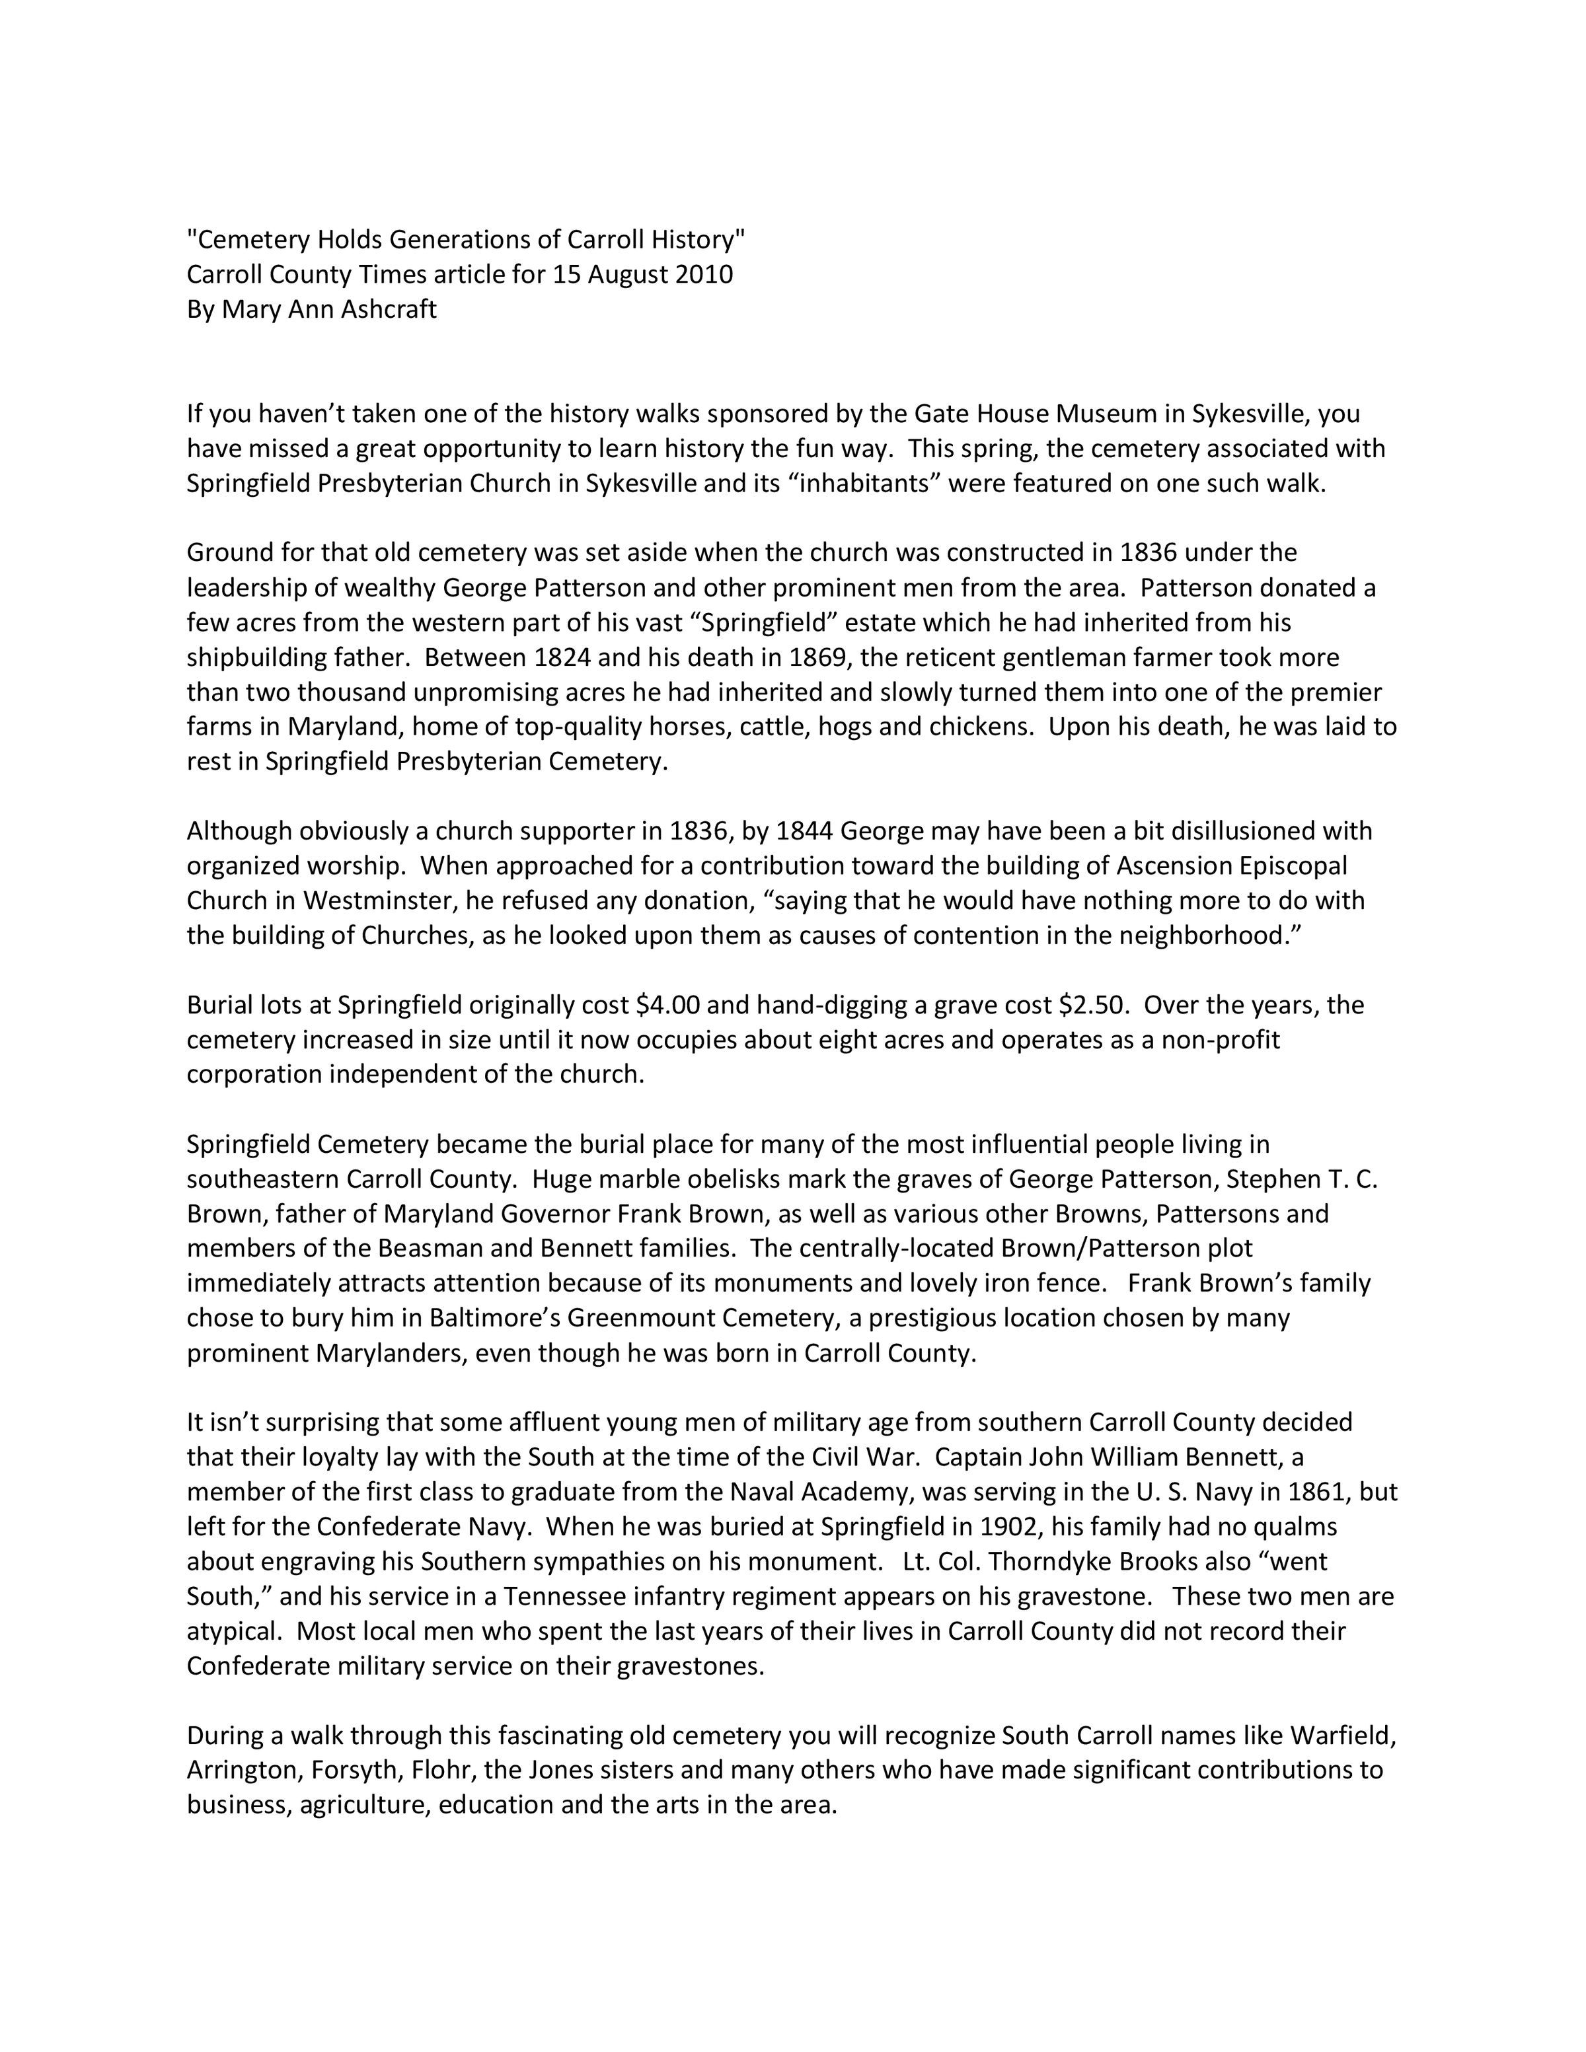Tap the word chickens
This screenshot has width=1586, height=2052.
[x=983, y=726]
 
